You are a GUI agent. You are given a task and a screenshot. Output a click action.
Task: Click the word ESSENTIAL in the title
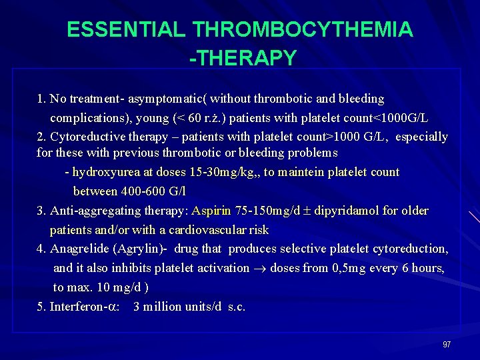click(126, 30)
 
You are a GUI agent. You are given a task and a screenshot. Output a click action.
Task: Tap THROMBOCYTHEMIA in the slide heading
click(302, 30)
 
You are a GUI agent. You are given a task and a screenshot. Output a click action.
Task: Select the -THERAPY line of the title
click(243, 58)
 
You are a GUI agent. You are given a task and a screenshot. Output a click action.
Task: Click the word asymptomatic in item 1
click(165, 99)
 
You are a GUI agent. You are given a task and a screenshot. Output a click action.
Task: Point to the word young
click(152, 118)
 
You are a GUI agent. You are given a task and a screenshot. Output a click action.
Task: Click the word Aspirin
click(211, 211)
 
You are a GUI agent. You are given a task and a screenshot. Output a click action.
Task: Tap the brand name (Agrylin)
click(140, 249)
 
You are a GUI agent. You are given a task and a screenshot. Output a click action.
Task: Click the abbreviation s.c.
click(237, 307)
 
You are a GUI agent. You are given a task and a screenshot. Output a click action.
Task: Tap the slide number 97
click(447, 344)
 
